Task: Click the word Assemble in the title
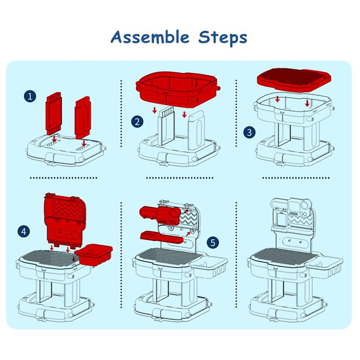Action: point(150,37)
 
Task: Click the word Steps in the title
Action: point(223,38)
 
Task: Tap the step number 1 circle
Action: point(30,96)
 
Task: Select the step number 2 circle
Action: point(137,122)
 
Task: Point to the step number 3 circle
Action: point(249,132)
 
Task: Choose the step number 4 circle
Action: point(24,231)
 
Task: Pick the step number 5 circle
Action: point(213,242)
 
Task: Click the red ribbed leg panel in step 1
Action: point(54,114)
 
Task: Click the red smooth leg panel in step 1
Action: point(83,118)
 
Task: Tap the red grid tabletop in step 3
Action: point(294,79)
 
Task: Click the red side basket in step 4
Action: point(94,255)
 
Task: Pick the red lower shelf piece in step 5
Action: point(162,237)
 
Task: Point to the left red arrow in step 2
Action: point(154,110)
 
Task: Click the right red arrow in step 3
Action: point(307,103)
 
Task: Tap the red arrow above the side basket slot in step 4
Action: point(74,259)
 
